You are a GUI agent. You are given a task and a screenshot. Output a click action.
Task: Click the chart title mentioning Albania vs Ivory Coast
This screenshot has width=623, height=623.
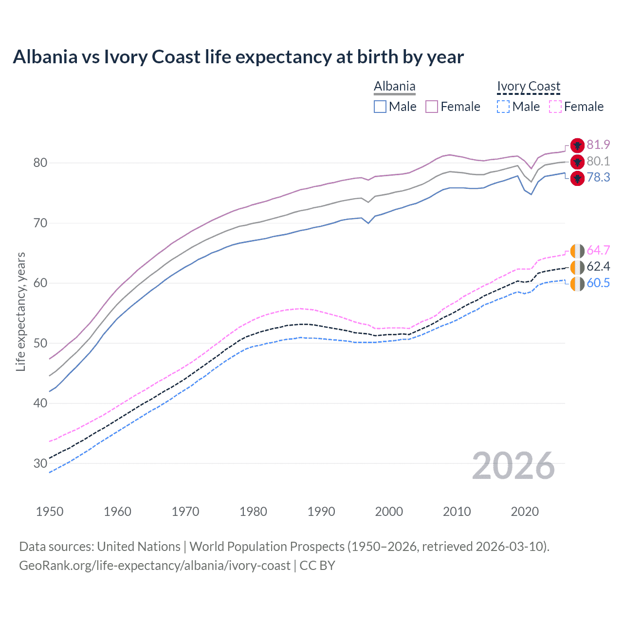tap(238, 57)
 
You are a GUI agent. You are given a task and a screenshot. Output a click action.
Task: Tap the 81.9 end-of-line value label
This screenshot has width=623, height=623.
tap(598, 145)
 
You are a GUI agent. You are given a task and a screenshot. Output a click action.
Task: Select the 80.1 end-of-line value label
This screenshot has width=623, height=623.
tap(598, 162)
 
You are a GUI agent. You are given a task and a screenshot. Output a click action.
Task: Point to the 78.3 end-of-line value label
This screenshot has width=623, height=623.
tap(598, 178)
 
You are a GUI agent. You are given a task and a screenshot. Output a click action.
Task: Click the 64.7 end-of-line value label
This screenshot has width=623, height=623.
tap(598, 251)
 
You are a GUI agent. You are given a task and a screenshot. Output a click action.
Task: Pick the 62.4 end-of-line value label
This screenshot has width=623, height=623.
tap(598, 267)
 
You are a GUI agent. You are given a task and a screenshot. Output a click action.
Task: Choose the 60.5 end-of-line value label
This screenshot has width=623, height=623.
tap(598, 283)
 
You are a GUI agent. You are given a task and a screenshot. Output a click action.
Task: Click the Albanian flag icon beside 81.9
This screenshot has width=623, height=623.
tap(577, 146)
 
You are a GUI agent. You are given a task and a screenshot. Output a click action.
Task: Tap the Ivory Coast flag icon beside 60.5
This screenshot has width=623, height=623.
tap(577, 284)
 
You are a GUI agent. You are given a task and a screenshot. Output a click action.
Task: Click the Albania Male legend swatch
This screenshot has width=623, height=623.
tap(380, 107)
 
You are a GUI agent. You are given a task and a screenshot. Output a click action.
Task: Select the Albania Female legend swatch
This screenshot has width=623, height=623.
tap(432, 107)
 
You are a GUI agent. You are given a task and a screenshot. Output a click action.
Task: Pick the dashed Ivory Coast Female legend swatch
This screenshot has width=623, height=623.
tap(555, 107)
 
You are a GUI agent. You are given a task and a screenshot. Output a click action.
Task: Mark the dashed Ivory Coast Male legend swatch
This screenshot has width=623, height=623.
tap(503, 107)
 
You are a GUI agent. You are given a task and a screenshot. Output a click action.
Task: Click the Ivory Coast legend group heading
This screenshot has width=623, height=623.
tap(529, 87)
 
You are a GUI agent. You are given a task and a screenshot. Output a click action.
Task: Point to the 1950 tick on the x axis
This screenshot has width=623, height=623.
tap(50, 512)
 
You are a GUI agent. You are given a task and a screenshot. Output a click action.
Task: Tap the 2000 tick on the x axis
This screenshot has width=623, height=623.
tap(389, 512)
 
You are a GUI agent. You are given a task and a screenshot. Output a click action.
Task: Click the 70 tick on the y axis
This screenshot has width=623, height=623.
tap(40, 223)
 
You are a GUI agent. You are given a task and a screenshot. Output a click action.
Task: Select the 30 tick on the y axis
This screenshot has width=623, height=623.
tap(40, 463)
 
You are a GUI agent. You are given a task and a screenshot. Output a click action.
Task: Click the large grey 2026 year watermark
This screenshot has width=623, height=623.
tap(513, 466)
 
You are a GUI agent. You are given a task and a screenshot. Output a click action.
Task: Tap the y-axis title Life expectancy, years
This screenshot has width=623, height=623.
tap(21, 311)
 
